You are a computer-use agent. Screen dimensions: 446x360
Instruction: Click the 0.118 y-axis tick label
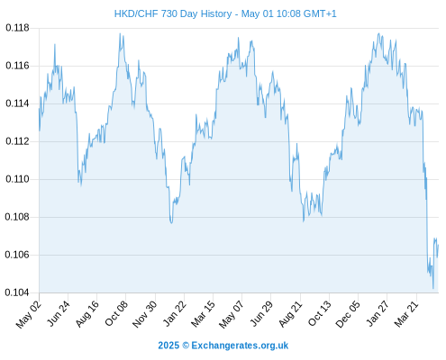pyautogui.click(x=17, y=28)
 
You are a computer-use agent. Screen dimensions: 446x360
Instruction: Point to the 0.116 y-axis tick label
pyautogui.click(x=17, y=66)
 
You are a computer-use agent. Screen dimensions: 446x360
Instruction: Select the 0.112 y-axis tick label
pyautogui.click(x=17, y=141)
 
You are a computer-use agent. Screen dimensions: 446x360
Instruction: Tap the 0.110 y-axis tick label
pyautogui.click(x=17, y=179)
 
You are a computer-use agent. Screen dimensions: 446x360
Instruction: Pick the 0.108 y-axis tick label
pyautogui.click(x=17, y=217)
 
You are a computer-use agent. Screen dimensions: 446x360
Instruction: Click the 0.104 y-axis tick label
pyautogui.click(x=17, y=292)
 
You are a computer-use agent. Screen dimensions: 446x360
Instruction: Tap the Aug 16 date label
pyautogui.click(x=87, y=313)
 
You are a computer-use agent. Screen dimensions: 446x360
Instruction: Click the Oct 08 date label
pyautogui.click(x=116, y=313)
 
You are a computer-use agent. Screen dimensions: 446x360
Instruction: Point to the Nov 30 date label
pyautogui.click(x=145, y=314)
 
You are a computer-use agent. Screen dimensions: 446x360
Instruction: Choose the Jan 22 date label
pyautogui.click(x=175, y=313)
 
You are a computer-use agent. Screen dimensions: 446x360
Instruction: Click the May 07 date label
pyautogui.click(x=232, y=314)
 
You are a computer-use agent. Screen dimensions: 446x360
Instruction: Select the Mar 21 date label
pyautogui.click(x=406, y=313)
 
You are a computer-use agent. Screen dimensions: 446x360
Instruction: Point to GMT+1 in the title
pyautogui.click(x=320, y=13)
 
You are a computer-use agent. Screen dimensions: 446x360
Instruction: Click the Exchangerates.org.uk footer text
pyautogui.click(x=240, y=346)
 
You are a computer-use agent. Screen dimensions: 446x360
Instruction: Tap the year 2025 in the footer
pyautogui.click(x=168, y=346)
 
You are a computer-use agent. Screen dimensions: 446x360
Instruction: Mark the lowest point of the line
pyautogui.click(x=433, y=289)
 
